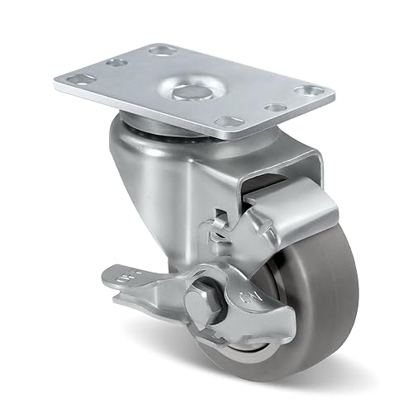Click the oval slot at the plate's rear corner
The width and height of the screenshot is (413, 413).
159,50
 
